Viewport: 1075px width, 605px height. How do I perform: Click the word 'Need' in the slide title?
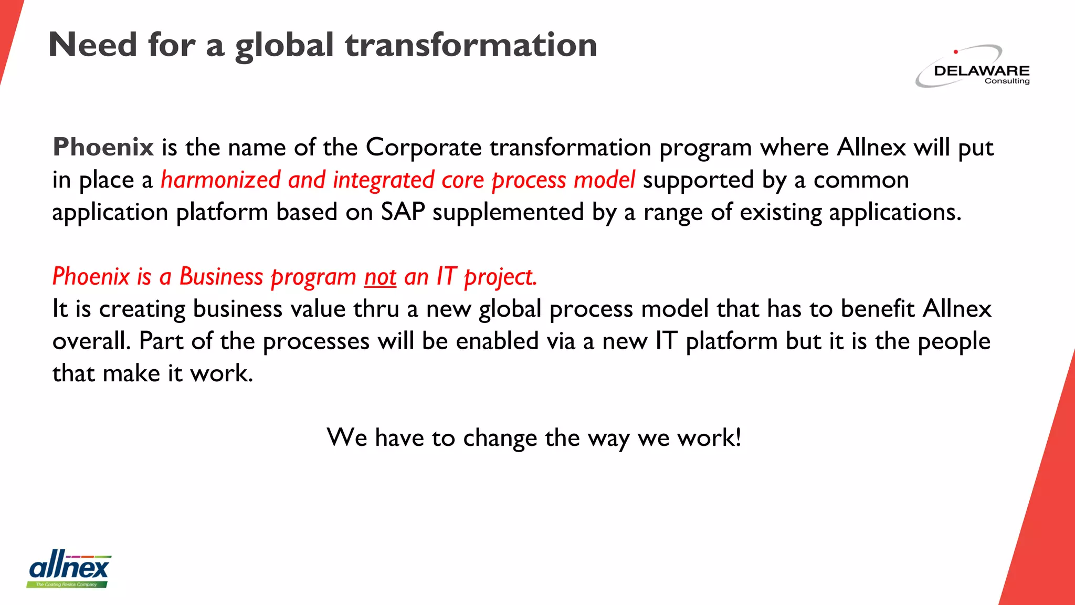coord(92,45)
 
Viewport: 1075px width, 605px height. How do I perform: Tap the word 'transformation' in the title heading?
coord(471,45)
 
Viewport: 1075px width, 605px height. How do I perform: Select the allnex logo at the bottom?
coord(69,569)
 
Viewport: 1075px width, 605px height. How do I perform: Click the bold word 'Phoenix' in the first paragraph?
coord(103,147)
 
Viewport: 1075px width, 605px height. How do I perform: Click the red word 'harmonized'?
coord(220,180)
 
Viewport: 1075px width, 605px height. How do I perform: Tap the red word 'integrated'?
coord(383,180)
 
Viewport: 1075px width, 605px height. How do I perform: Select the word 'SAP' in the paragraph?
coord(403,212)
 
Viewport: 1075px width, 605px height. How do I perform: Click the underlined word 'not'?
coord(380,277)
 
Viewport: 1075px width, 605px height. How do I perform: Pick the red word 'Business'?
coord(221,277)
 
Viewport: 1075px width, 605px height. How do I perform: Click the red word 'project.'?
coord(501,277)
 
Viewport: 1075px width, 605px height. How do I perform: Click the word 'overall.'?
coord(91,341)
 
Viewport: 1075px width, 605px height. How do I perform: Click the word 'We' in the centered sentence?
coord(346,437)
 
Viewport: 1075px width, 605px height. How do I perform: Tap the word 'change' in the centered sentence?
coord(500,437)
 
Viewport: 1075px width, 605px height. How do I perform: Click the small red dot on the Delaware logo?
coord(956,51)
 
